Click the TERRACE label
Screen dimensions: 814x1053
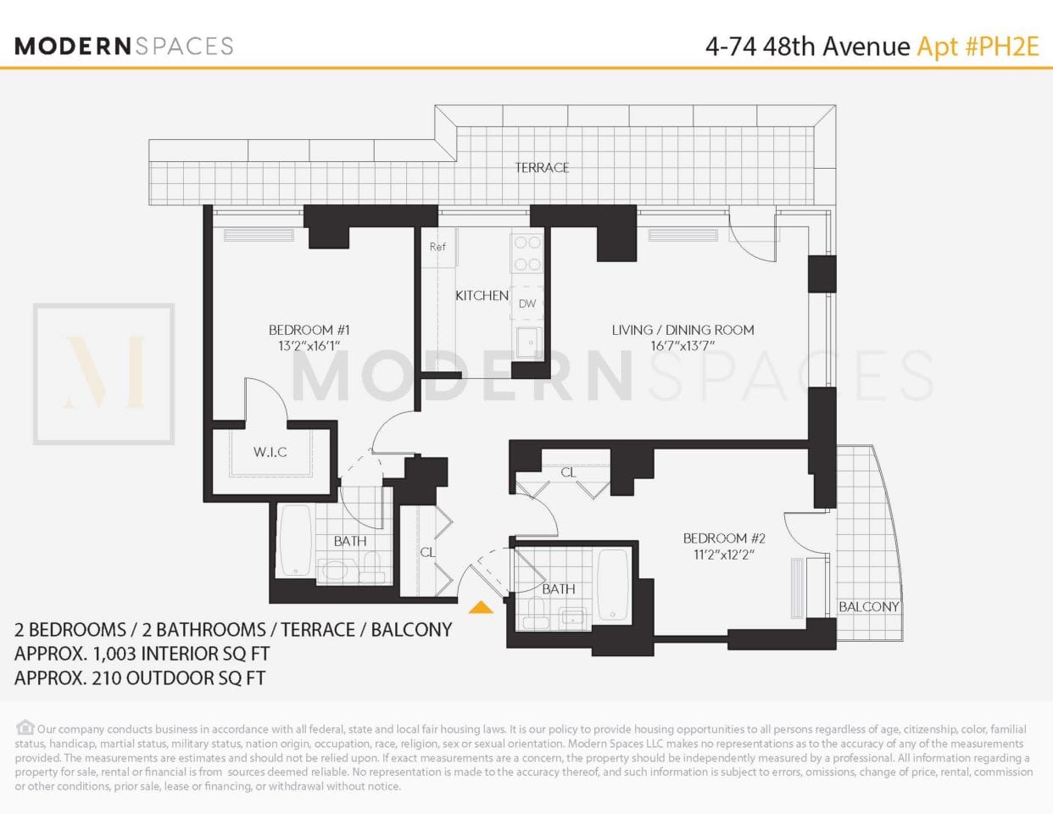click(x=542, y=168)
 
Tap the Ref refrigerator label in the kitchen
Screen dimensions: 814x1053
click(x=437, y=247)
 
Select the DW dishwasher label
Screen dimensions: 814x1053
click(x=527, y=304)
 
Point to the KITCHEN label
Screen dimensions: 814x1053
click(x=482, y=295)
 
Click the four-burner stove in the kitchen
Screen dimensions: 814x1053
click(x=526, y=253)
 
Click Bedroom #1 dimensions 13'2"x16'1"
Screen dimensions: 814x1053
click(x=309, y=346)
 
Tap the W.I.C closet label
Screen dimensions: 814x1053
click(x=270, y=452)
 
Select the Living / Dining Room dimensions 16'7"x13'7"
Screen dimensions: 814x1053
click(x=682, y=346)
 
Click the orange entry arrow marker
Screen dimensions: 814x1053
click(x=481, y=607)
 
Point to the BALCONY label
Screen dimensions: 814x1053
click(x=868, y=606)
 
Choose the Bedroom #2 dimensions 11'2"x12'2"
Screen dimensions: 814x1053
click(x=724, y=555)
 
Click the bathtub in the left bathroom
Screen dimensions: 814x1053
click(x=296, y=540)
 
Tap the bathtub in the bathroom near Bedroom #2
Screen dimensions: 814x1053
click(x=613, y=584)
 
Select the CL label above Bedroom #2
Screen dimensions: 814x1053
click(x=568, y=472)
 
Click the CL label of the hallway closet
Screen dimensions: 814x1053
click(x=427, y=552)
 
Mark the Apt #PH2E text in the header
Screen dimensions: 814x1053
click(x=978, y=46)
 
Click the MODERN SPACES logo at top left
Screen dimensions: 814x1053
click(x=124, y=46)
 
